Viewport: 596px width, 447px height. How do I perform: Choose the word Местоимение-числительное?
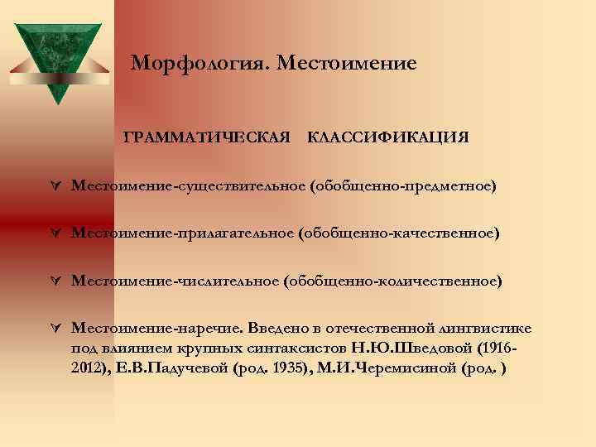175,281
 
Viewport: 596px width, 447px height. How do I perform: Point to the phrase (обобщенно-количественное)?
392,281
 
